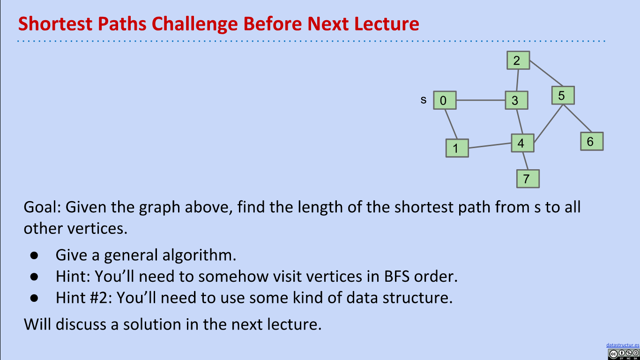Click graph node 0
[445, 100]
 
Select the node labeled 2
[518, 60]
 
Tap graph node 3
[517, 100]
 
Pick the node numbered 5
[563, 95]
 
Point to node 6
[592, 141]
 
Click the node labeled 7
[528, 179]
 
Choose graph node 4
[522, 143]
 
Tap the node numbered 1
[457, 148]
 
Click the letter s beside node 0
[424, 100]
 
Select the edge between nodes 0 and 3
[481, 100]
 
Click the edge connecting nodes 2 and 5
[546, 73]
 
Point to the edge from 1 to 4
[490, 145]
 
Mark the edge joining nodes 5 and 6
[577, 119]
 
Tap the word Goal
[42, 207]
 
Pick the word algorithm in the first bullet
[199, 255]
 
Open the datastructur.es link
[623, 345]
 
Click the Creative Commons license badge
[624, 354]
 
